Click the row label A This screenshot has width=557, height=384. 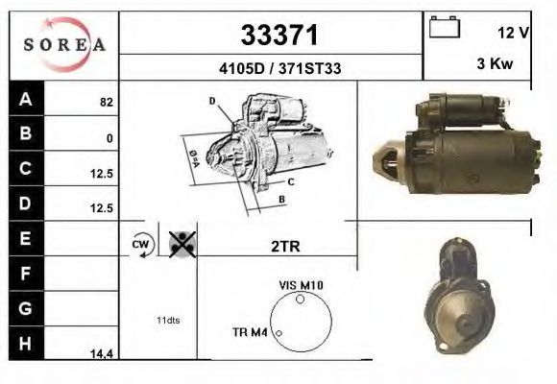coord(25,99)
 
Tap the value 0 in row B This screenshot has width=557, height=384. coord(109,138)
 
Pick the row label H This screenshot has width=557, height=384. coord(25,343)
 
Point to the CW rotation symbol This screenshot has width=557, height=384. coord(139,245)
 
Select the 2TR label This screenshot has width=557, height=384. coord(285,246)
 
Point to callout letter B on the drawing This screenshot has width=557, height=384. coord(281,199)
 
